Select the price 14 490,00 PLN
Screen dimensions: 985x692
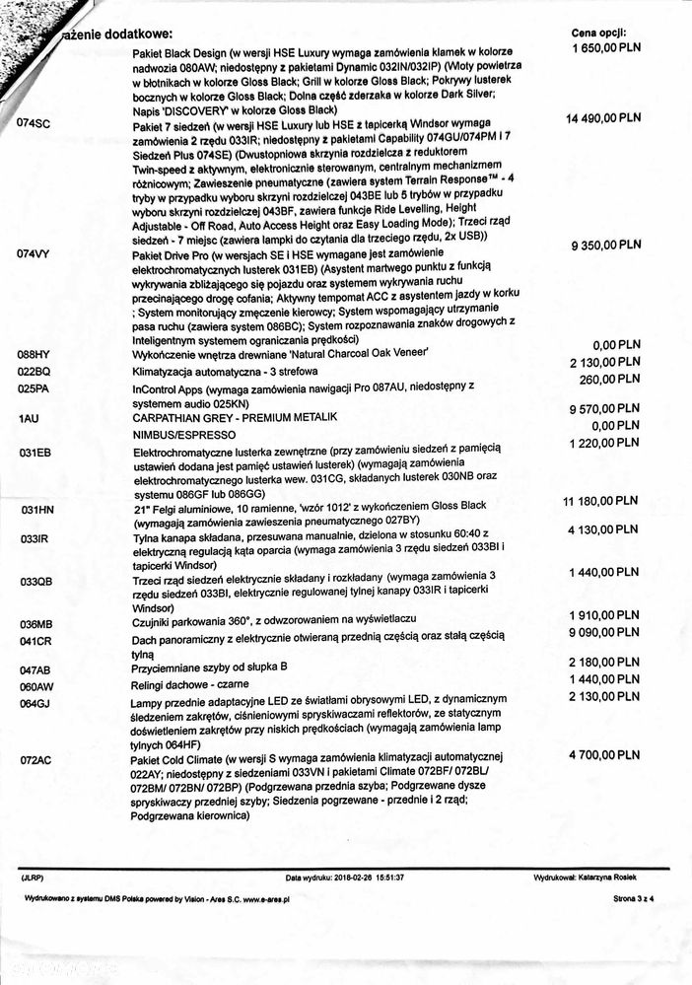click(x=604, y=117)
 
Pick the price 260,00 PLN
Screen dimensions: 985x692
click(x=613, y=380)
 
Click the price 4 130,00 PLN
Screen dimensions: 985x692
click(x=605, y=530)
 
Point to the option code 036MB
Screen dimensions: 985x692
click(x=35, y=624)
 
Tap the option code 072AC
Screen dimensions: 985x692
click(x=35, y=761)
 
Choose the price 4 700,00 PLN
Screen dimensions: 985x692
click(x=605, y=754)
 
